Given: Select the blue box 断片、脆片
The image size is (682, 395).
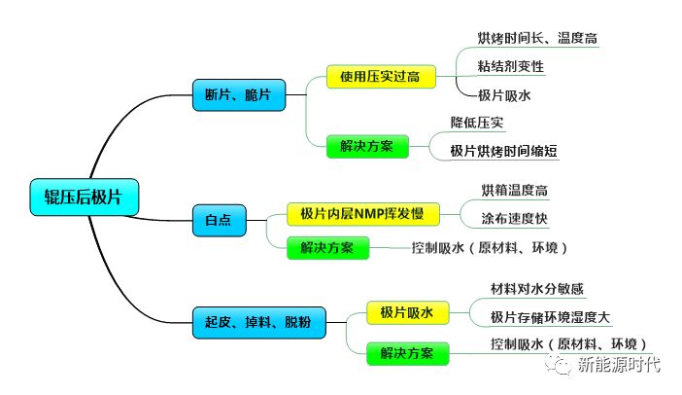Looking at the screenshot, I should [x=238, y=94].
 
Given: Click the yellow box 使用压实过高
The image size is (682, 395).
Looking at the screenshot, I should [x=380, y=76].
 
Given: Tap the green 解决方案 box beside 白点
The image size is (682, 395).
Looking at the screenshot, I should [x=327, y=247].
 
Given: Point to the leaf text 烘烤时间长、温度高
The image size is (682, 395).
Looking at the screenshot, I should [x=536, y=38].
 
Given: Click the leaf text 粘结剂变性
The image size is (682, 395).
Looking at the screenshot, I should [x=511, y=66].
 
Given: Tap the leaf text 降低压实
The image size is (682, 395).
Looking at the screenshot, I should [x=478, y=123].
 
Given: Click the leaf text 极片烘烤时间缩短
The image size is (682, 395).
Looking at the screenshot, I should [x=504, y=151].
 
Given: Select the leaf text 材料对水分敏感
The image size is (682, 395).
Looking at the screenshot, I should [x=537, y=289].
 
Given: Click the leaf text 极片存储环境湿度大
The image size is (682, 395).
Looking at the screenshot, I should [x=551, y=317].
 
